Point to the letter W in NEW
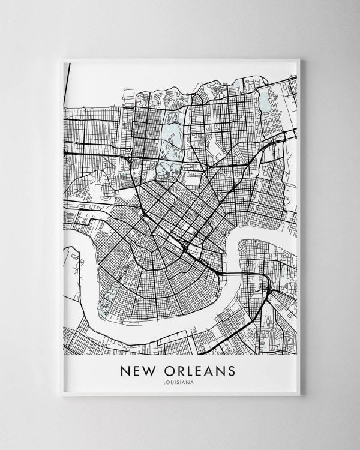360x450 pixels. (x=151, y=371)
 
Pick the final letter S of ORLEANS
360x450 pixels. (x=231, y=371)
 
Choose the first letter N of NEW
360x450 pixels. (x=125, y=371)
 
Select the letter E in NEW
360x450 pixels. (x=138, y=371)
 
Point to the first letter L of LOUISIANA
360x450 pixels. (x=164, y=383)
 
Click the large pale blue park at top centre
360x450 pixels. (x=172, y=141)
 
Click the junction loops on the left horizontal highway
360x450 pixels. (x=129, y=157)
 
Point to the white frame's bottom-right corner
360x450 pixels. (x=299, y=394)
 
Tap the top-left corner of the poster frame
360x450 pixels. (x=62, y=59)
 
